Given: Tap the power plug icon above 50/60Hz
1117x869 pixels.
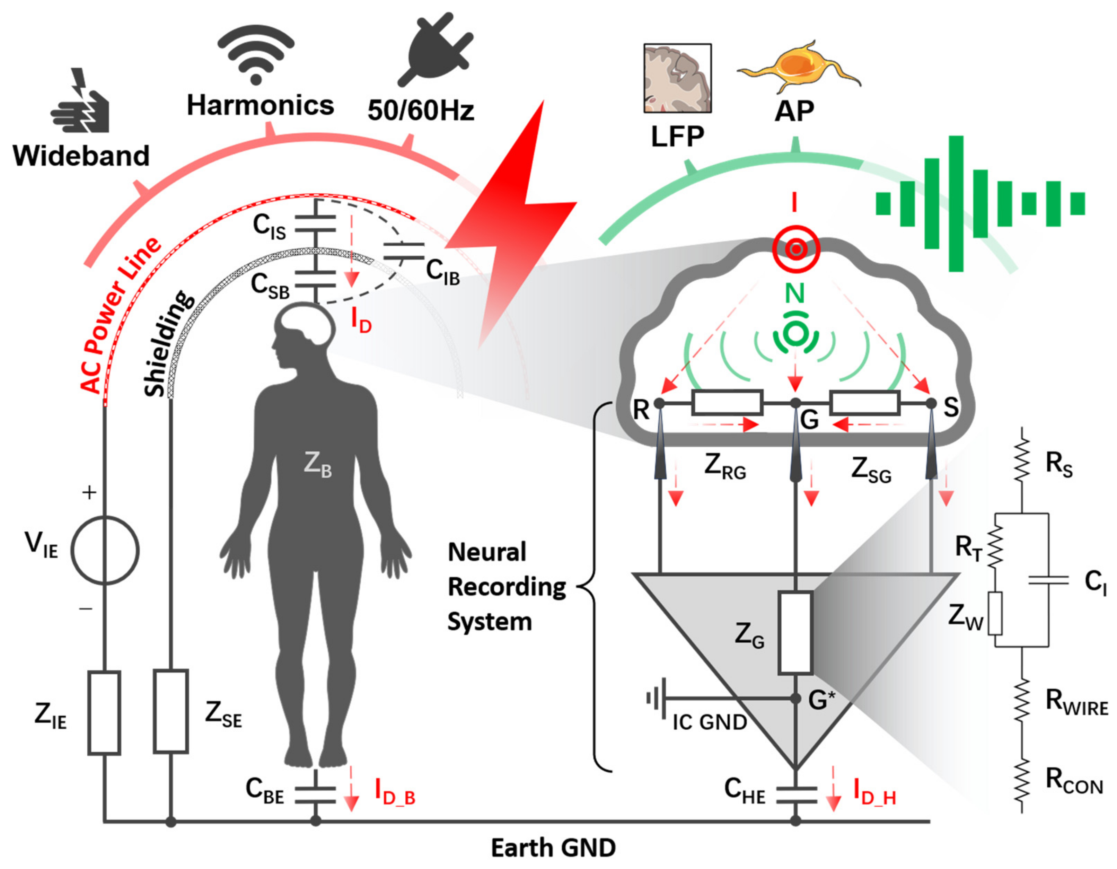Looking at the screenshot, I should pos(435,49).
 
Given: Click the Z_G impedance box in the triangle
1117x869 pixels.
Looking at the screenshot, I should pos(795,633).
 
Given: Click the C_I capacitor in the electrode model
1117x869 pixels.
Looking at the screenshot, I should pos(1048,580).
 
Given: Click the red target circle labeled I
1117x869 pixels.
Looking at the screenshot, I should pos(796,249).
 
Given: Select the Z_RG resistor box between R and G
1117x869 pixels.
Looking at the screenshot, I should pos(727,403).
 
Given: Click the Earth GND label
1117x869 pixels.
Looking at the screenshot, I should pos(553,848).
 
